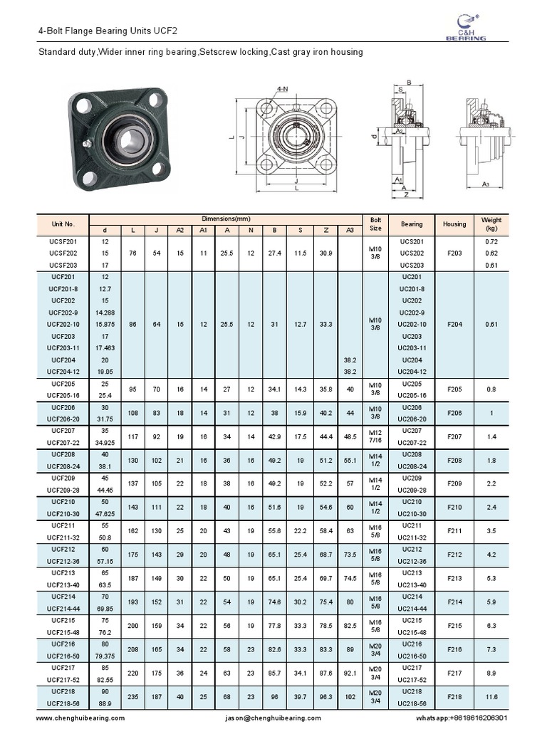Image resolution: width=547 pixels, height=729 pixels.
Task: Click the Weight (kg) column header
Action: [491, 224]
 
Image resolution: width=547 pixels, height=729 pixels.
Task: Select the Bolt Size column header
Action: [375, 224]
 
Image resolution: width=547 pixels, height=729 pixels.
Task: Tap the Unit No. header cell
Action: [63, 224]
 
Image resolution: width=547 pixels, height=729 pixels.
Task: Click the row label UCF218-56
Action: [63, 703]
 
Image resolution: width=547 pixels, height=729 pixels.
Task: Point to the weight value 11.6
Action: [491, 698]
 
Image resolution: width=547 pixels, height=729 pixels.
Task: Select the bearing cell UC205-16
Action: [412, 394]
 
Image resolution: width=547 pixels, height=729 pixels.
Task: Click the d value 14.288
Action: [105, 312]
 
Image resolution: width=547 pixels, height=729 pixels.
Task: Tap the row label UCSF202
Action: [63, 253]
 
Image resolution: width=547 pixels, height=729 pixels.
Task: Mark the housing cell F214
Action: [454, 603]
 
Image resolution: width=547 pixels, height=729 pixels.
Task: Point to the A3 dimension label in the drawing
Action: [486, 184]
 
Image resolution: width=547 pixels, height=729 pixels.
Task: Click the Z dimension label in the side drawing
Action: [405, 194]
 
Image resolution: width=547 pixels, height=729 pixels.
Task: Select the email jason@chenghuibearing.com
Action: [273, 718]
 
